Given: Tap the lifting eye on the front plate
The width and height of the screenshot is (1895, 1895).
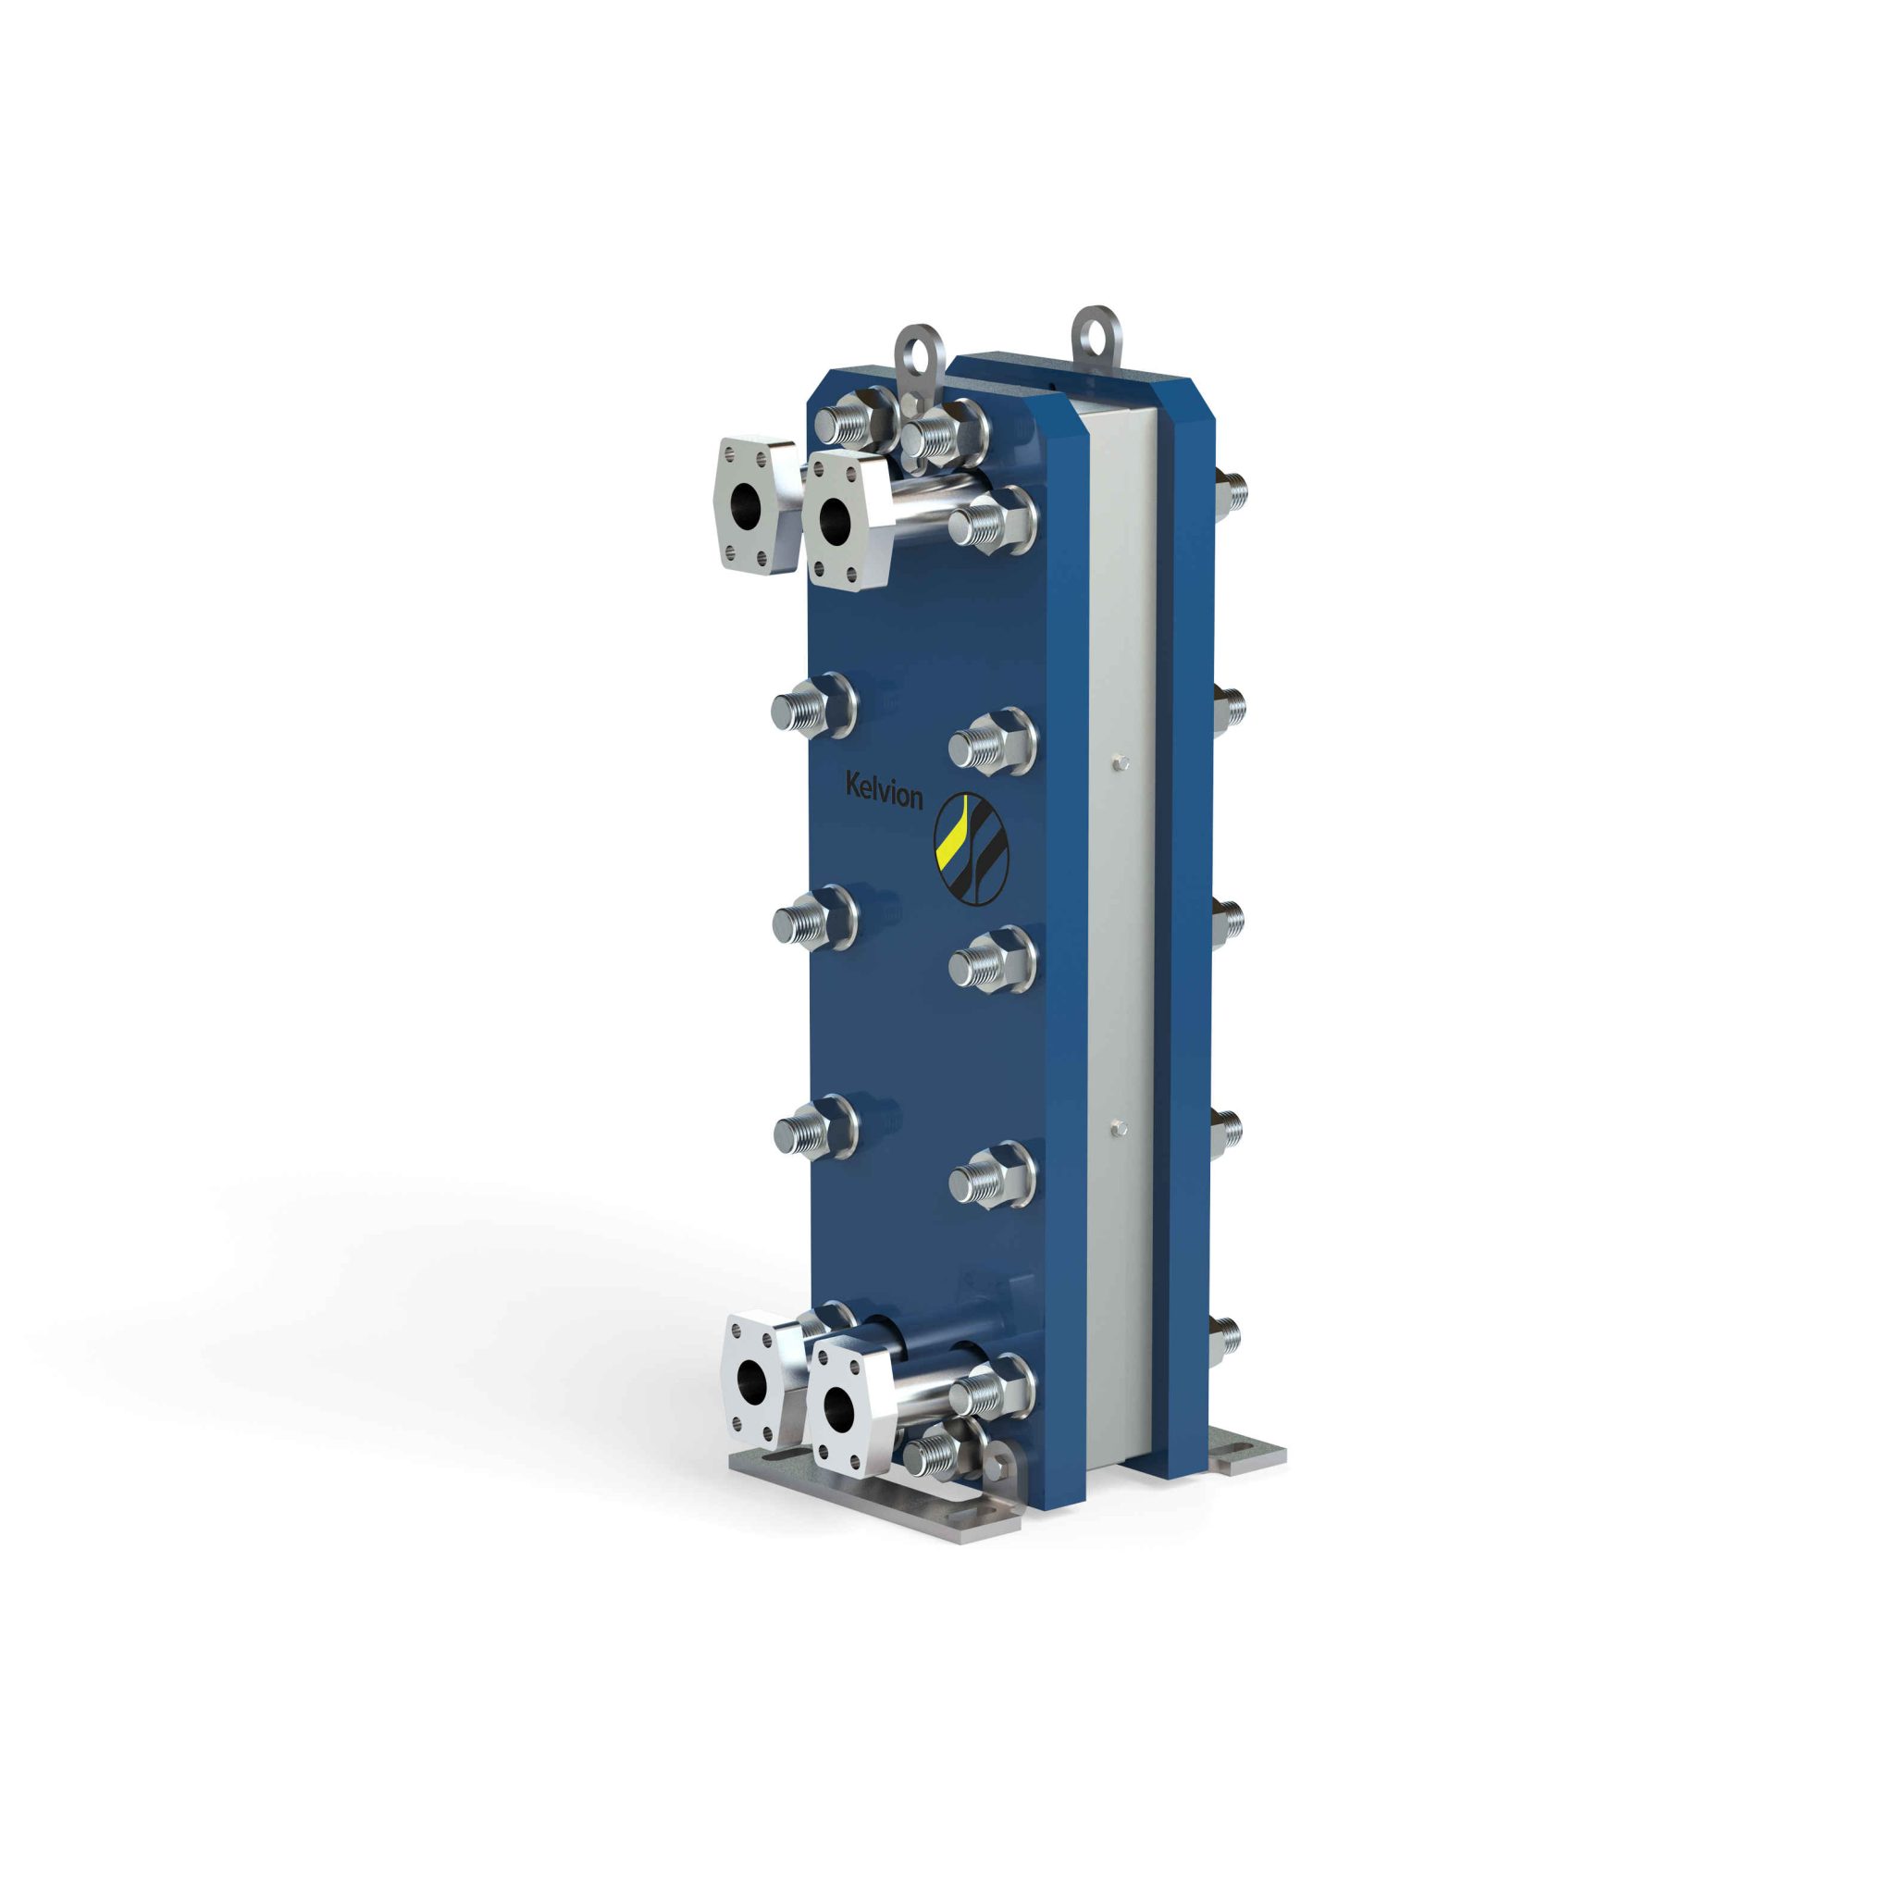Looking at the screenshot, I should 918,355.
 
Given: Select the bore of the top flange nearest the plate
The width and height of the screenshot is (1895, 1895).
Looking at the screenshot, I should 836,518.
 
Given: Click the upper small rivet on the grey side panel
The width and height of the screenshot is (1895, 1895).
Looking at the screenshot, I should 1122,762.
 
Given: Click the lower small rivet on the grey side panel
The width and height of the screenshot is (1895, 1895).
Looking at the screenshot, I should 1121,1130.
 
